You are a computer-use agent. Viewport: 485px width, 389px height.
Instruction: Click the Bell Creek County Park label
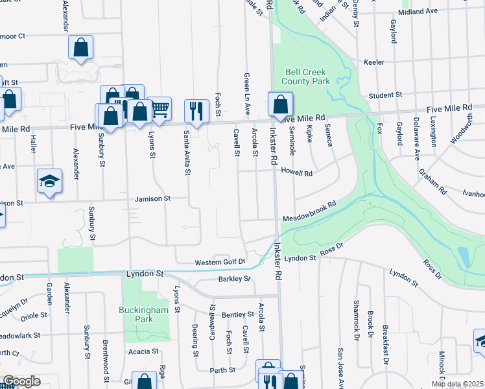(x=306, y=77)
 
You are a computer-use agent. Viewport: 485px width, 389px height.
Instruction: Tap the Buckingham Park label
(x=143, y=314)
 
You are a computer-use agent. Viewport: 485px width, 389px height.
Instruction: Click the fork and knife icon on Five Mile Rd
(x=196, y=112)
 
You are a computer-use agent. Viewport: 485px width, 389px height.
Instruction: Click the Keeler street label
(x=374, y=62)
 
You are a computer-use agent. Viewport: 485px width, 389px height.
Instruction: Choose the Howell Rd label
(x=297, y=173)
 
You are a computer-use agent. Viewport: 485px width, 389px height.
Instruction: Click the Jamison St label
(x=153, y=198)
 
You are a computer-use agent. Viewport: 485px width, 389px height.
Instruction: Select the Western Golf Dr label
(x=220, y=263)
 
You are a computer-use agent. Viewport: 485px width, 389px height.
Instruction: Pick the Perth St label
(x=222, y=371)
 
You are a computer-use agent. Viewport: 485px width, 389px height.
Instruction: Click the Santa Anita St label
(x=187, y=152)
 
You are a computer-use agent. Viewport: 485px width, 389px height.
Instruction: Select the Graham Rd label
(x=432, y=182)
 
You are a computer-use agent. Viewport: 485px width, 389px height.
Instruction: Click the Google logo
(x=21, y=381)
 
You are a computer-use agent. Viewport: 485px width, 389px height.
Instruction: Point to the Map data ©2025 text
(x=457, y=384)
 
